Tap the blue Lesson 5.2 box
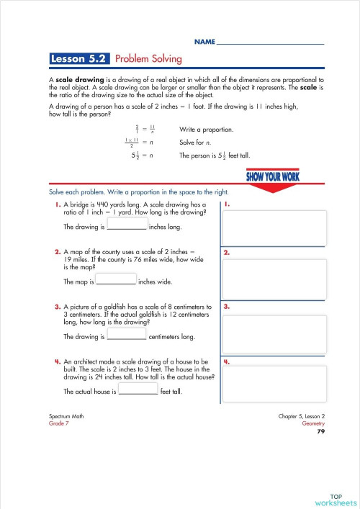point(79,59)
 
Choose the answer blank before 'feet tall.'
point(138,391)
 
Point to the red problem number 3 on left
point(58,307)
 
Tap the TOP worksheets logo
point(336,499)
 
